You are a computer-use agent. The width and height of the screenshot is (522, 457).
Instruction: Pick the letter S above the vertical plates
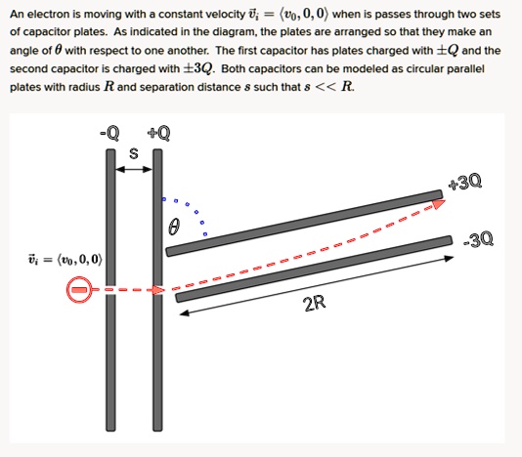[135, 153]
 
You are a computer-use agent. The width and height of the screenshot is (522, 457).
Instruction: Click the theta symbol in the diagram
[175, 228]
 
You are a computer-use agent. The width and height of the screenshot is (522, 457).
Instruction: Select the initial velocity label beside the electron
[59, 261]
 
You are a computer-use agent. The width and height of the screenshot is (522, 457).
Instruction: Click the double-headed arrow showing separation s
[134, 171]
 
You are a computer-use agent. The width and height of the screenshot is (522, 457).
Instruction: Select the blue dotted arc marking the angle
[194, 210]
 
